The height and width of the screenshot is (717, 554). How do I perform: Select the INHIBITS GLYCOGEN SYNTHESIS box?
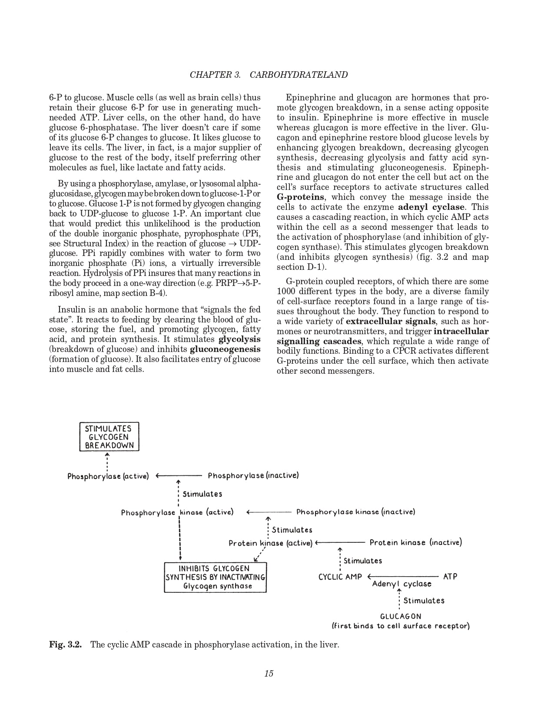[x=215, y=577]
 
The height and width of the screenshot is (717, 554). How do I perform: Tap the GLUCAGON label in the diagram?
[x=401, y=616]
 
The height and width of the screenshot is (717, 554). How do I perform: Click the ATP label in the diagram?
[x=450, y=577]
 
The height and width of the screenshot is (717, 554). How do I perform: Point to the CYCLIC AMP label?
[x=340, y=577]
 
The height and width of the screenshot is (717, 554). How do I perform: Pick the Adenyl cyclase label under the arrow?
[x=401, y=584]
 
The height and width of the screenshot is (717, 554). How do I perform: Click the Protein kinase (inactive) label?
[x=415, y=542]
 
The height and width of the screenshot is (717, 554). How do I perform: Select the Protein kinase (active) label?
[x=270, y=543]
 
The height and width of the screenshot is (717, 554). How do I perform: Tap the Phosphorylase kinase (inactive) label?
[x=355, y=512]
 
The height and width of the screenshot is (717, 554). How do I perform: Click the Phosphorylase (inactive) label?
[x=253, y=475]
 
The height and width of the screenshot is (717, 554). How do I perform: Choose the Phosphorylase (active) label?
[x=108, y=476]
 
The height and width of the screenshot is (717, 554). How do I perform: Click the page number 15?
[x=269, y=674]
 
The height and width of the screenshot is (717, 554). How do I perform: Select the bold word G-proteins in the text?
[x=300, y=197]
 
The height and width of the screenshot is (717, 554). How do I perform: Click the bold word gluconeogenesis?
[x=225, y=349]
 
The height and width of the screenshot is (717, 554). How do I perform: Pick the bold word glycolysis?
[x=239, y=339]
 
